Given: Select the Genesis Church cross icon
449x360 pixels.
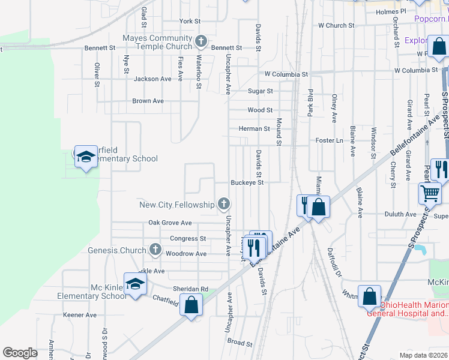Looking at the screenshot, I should click(x=155, y=250).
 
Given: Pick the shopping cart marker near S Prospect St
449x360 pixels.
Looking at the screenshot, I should click(x=430, y=193).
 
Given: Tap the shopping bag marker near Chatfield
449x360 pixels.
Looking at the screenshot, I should click(x=191, y=304).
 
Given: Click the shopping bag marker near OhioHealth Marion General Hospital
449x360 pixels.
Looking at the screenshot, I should click(x=369, y=296).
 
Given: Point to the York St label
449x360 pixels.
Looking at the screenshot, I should click(x=190, y=21).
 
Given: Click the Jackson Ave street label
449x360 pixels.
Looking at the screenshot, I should click(x=152, y=79).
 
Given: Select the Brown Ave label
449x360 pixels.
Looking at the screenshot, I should click(x=148, y=101).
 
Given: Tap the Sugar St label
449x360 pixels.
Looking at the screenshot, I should click(x=261, y=91).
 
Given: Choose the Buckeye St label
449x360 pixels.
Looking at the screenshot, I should click(x=248, y=182).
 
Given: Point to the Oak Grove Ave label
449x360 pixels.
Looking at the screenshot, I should click(x=170, y=223).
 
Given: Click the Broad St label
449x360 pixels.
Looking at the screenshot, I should click(x=240, y=343).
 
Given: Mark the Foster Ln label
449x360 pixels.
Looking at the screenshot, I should click(x=329, y=140).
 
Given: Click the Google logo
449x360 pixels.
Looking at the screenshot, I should click(x=20, y=353).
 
